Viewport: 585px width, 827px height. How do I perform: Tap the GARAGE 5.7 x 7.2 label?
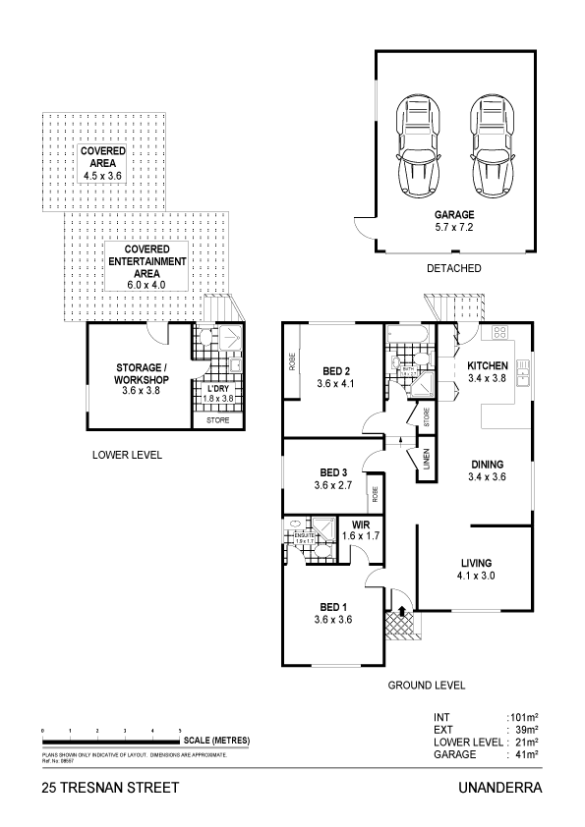(454, 221)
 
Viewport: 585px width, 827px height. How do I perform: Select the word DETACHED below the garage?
(453, 268)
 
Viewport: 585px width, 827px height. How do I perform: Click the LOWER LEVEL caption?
(127, 456)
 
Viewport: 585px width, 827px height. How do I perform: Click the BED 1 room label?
(331, 613)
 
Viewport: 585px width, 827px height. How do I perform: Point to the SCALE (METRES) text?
(216, 740)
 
